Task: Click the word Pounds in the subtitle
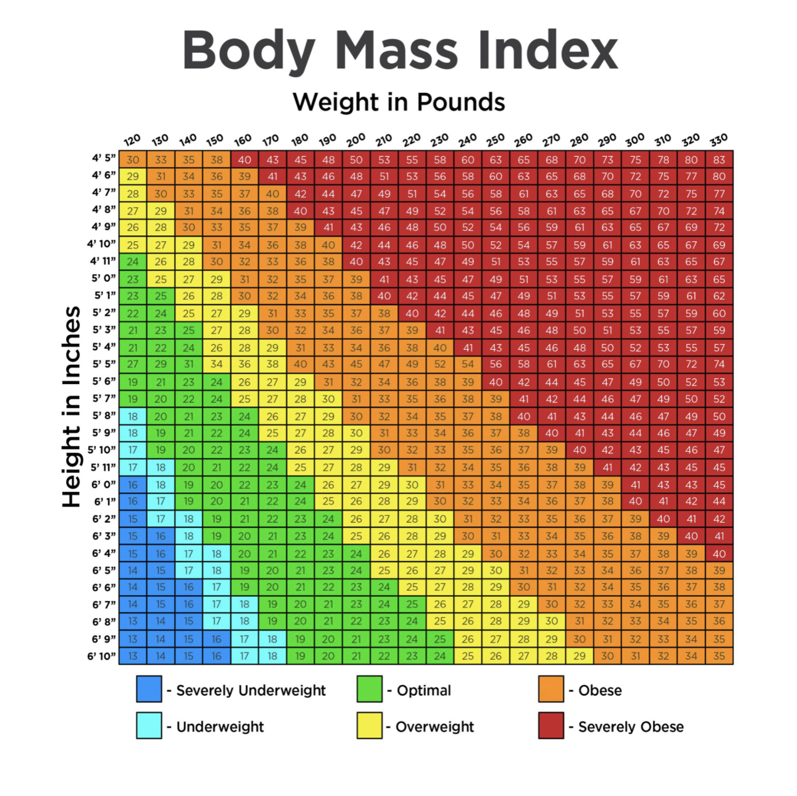tap(461, 102)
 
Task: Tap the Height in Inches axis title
tap(71, 407)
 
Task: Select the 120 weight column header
tap(132, 141)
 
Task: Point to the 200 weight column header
tap(355, 141)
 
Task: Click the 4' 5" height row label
tap(104, 158)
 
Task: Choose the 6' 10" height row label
tap(102, 656)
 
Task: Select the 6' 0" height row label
tap(103, 484)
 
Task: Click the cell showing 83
tap(719, 159)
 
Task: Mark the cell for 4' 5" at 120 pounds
tap(133, 159)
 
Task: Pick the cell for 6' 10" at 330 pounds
tap(719, 656)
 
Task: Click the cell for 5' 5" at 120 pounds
tap(133, 364)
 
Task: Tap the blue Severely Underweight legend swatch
tap(149, 689)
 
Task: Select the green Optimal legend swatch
tap(369, 689)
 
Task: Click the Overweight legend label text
tap(435, 727)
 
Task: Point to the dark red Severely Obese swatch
tap(551, 725)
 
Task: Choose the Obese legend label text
tap(600, 690)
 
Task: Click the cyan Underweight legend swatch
tap(149, 725)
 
